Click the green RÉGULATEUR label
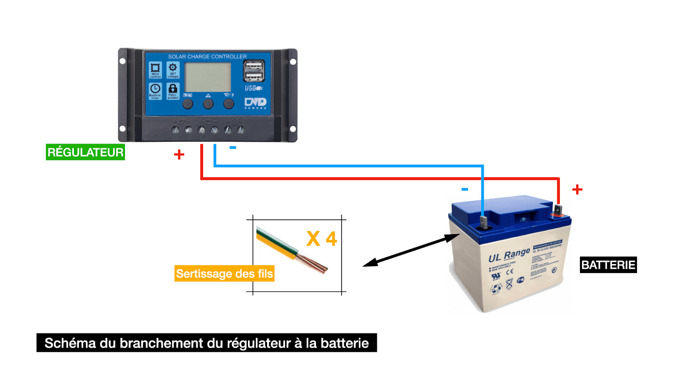tap(85, 152)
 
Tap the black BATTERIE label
tap(608, 265)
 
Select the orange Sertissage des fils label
tap(224, 274)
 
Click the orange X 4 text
tap(322, 239)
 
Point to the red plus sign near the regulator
tap(179, 154)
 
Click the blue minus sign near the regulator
tap(233, 147)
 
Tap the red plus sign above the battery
tap(577, 189)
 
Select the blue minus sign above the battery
tap(464, 189)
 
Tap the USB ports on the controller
tap(254, 71)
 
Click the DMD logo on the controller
tap(255, 103)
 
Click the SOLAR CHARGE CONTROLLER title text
tap(207, 56)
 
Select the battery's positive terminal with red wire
tap(558, 211)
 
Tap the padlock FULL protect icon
tap(173, 91)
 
